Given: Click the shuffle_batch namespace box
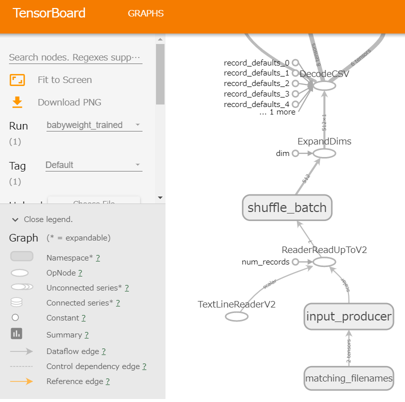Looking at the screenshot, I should tap(287, 207).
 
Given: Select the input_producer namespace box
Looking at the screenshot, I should tap(348, 316).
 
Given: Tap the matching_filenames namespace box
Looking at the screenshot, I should tap(348, 378).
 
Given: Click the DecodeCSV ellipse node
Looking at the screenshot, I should tap(324, 86).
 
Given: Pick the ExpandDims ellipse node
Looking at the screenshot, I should tap(324, 153).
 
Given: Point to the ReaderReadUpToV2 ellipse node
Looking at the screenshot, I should tap(324, 261).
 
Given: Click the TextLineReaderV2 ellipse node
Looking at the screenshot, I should tap(236, 316).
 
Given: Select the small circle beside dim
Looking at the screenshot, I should tap(295, 153).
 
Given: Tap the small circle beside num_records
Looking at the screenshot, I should tap(295, 261).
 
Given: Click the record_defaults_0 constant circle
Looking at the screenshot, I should tap(295, 63).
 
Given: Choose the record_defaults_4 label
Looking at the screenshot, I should tap(256, 104).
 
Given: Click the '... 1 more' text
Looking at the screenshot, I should tap(277, 112).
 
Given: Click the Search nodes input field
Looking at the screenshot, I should tap(75, 57).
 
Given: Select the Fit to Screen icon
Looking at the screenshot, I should tap(17, 80).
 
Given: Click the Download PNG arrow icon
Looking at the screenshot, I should tap(17, 102).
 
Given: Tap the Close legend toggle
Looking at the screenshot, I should tap(42, 219).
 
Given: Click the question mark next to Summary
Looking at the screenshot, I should tap(86, 335).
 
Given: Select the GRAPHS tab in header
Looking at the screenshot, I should tap(145, 13).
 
